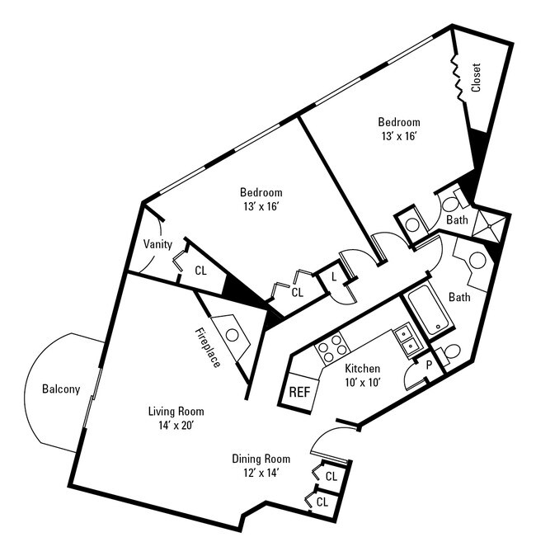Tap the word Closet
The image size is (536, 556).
click(x=476, y=78)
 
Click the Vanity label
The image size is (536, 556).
click(x=158, y=244)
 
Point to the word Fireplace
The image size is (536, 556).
click(x=207, y=347)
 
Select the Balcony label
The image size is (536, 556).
click(x=61, y=389)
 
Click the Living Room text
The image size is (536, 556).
click(x=176, y=411)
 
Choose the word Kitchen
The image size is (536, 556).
click(x=361, y=368)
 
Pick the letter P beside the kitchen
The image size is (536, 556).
click(x=428, y=362)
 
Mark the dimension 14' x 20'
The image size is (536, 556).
click(x=176, y=425)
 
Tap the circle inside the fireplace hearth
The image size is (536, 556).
click(x=233, y=336)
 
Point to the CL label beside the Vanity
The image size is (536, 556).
click(x=200, y=270)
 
